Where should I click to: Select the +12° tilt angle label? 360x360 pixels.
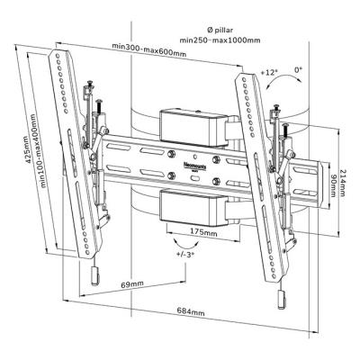(268, 69)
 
